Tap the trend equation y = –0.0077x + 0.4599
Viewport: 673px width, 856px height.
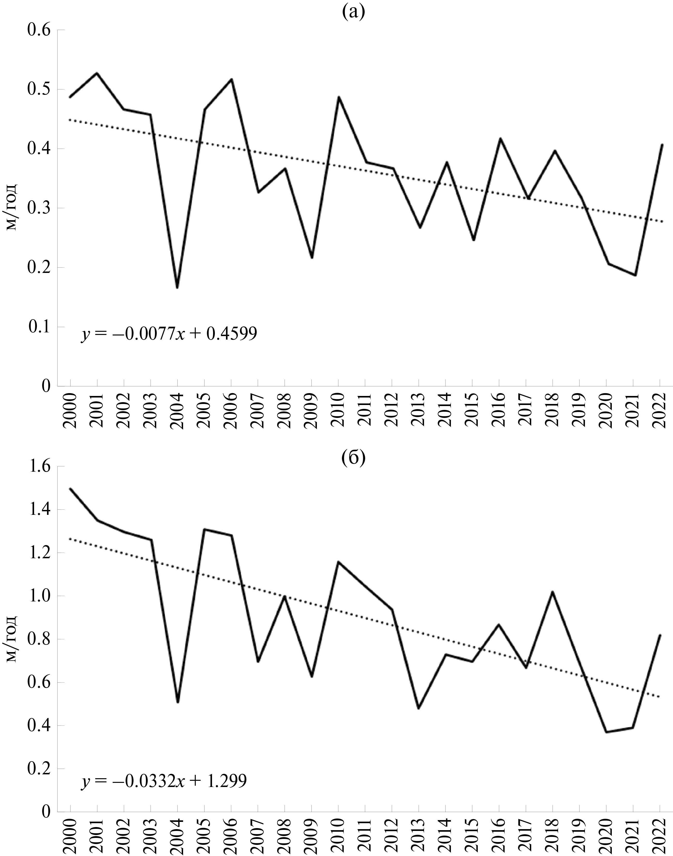(169, 334)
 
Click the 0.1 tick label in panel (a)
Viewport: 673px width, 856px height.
(39, 327)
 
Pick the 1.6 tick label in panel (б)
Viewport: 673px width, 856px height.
(39, 467)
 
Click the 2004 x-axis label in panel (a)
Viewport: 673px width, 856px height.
(177, 410)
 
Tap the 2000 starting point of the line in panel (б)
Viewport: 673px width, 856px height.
(70, 488)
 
